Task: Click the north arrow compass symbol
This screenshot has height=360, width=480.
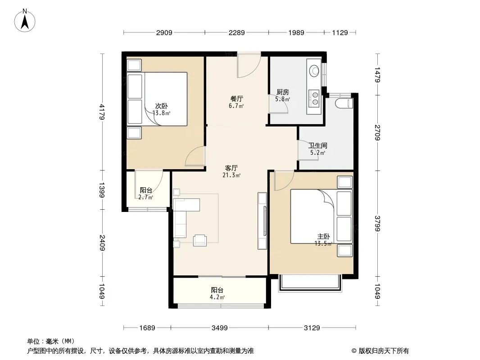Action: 25,21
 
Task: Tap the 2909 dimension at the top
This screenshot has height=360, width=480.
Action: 164,32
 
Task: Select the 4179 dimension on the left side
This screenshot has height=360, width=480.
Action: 102,112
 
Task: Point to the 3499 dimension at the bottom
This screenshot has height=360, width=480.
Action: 220,328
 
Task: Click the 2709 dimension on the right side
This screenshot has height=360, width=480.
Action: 377,132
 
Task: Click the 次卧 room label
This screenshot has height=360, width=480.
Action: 161,106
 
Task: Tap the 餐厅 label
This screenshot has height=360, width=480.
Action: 237,99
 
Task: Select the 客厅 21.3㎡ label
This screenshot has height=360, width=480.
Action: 231,171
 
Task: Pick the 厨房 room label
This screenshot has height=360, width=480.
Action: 282,92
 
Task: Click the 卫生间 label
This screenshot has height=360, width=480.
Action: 318,146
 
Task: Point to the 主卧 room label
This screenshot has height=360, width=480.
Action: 324,236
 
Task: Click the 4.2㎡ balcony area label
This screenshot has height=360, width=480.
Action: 217,297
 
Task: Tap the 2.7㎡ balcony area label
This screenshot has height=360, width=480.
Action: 146,197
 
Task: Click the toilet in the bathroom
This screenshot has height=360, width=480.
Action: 344,103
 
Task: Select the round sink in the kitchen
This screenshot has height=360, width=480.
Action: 314,71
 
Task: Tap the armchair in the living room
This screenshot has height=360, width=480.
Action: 200,240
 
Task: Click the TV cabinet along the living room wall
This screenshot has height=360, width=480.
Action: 263,221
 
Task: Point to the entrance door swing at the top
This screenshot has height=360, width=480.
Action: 249,64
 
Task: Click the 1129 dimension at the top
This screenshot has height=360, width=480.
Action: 340,32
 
